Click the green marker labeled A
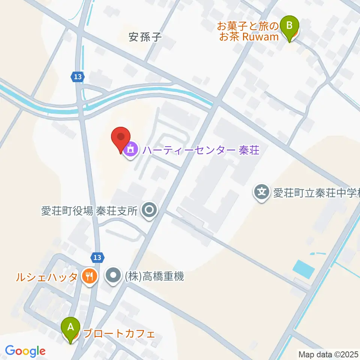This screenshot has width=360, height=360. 70,328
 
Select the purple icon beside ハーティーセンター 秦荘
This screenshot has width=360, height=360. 130,150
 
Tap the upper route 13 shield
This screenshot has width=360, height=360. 77,77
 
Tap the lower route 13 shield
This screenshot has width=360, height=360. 97,257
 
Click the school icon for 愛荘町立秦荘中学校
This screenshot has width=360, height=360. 261,193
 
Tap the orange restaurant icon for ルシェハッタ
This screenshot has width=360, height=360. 89,277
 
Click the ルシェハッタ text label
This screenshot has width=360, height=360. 46,277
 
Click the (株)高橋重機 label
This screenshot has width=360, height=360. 153,277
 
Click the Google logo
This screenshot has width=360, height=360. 25,351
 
